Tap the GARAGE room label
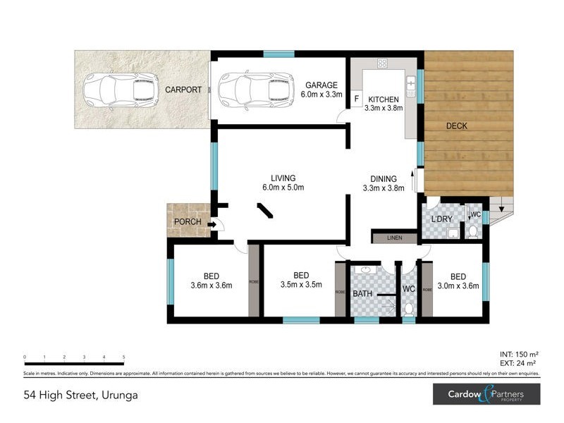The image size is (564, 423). pos(321,85)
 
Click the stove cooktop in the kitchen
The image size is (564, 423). pos(382,63)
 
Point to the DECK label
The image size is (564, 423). pos(456,126)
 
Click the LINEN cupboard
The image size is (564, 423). pos(394,238)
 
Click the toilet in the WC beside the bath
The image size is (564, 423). pos(408,308)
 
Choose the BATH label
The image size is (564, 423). pos(362,293)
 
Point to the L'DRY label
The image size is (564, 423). pos(441,219)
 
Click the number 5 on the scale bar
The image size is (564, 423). pos(124,357)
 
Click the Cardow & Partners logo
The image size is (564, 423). pos(486,394)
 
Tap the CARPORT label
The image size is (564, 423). pos(183,90)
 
